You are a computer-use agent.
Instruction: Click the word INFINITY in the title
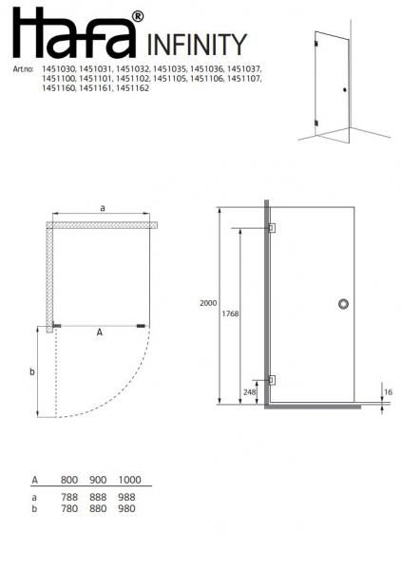coord(197,45)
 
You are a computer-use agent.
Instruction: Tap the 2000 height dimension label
coord(209,303)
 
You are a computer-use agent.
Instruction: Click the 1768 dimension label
coord(229,313)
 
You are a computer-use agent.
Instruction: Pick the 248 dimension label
coord(250,391)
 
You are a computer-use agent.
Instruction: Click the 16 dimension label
coord(388,391)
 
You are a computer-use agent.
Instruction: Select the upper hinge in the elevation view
coord(272,228)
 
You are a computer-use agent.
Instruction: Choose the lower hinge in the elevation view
coord(272,380)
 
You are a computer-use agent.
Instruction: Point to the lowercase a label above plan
coord(102,206)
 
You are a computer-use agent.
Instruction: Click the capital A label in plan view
coord(99,333)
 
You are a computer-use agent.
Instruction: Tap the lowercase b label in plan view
coord(31,371)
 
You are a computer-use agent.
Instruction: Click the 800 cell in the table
coord(68,481)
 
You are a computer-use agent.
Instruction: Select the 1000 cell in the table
coord(129,481)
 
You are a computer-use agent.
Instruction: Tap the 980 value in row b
coord(126,508)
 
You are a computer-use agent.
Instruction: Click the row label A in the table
coord(35,481)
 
